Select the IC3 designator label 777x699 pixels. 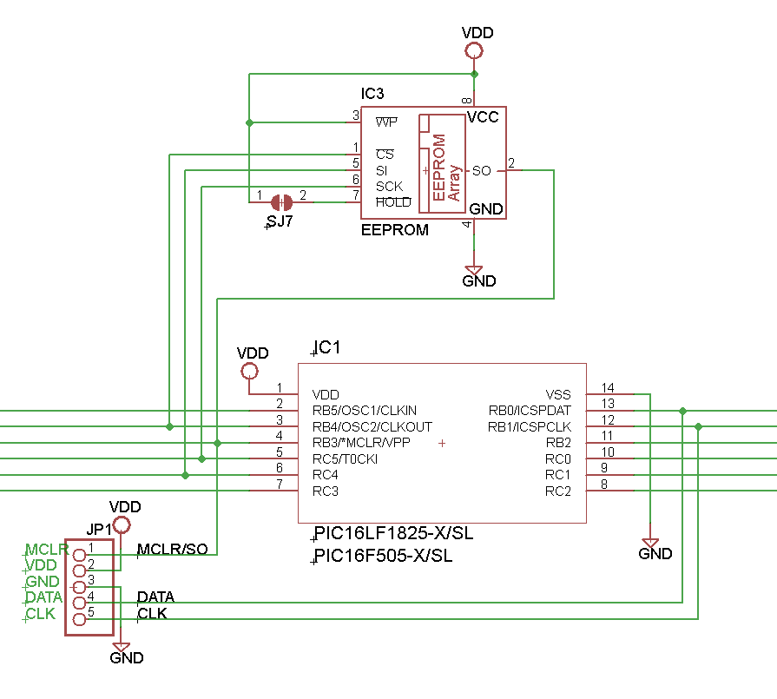tap(372, 94)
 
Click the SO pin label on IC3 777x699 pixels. tap(481, 171)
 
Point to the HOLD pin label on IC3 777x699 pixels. tap(393, 202)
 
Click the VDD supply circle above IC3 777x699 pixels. tap(474, 50)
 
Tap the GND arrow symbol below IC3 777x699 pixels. tap(474, 270)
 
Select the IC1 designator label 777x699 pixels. tap(328, 348)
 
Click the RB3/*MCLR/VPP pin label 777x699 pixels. tap(360, 443)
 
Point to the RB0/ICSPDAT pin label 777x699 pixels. tap(529, 411)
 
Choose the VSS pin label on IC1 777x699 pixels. tap(558, 394)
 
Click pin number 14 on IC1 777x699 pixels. tap(608, 388)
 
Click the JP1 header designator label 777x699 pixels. tap(98, 529)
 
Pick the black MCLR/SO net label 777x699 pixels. tap(172, 550)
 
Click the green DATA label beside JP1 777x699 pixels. tap(44, 597)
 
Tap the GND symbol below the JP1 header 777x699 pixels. tap(122, 648)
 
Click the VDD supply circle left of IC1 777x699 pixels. tap(250, 372)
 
